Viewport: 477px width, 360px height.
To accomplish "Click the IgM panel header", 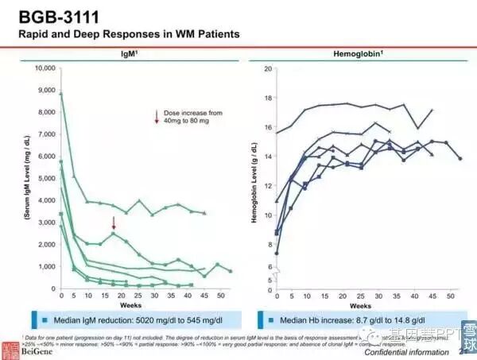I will [120, 52].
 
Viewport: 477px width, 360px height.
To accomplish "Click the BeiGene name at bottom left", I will [45, 351].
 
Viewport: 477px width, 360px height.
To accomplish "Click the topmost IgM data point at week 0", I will [61, 94].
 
